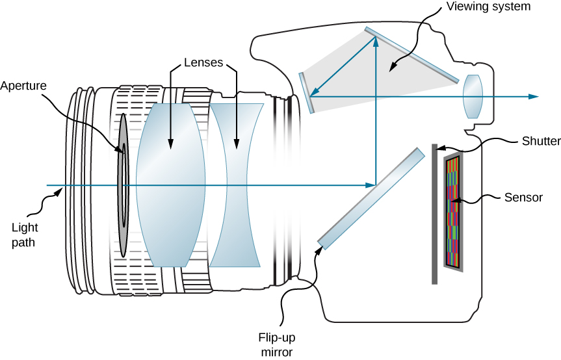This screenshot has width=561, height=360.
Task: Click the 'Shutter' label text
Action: coord(538,140)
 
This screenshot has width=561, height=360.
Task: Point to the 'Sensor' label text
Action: coord(523,198)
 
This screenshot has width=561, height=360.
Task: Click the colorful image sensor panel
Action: coord(452,212)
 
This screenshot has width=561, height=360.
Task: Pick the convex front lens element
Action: coord(171,185)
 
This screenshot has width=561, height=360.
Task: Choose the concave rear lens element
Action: coord(237,185)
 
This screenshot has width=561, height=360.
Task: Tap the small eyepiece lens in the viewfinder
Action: coord(473,96)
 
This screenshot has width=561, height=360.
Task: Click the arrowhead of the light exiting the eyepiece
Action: coord(534,96)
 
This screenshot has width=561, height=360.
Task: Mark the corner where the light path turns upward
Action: coord(376,185)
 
